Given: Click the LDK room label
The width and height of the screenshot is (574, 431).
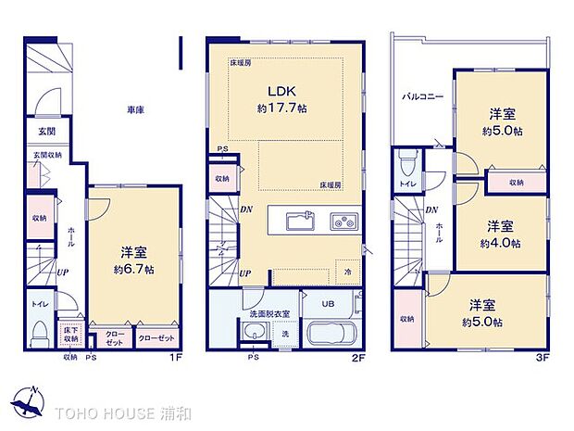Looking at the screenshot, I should coord(281,92).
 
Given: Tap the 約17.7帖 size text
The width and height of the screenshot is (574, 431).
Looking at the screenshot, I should coord(281,108).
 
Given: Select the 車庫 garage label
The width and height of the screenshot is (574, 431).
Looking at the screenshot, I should coord(135,111).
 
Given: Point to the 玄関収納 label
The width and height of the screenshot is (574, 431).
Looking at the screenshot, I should coord(48,155).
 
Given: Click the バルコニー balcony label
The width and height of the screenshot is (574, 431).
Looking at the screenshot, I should coord(422,96).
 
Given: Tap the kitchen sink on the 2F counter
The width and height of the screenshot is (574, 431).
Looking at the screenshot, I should coord(299,222).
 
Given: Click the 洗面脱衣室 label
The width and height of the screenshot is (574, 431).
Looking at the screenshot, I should coord(270,314).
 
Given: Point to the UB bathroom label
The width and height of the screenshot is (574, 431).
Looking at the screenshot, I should coord(329,304).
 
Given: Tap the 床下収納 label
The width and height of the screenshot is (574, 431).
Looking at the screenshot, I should coord(70,333).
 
